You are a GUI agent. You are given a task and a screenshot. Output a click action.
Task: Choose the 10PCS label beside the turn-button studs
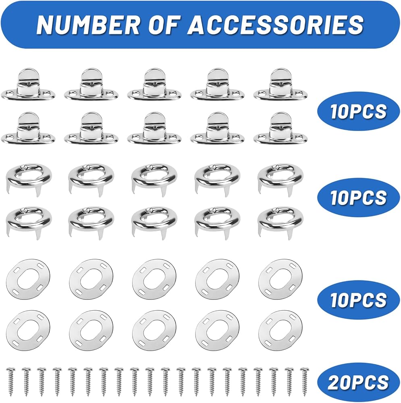[358, 112]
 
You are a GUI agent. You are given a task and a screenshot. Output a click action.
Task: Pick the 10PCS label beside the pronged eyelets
[358, 197]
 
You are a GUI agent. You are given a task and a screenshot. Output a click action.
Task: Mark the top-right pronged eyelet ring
[280, 177]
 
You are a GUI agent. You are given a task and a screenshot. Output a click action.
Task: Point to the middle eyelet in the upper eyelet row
[154, 177]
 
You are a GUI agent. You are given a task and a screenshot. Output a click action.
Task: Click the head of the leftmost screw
[10, 369]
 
